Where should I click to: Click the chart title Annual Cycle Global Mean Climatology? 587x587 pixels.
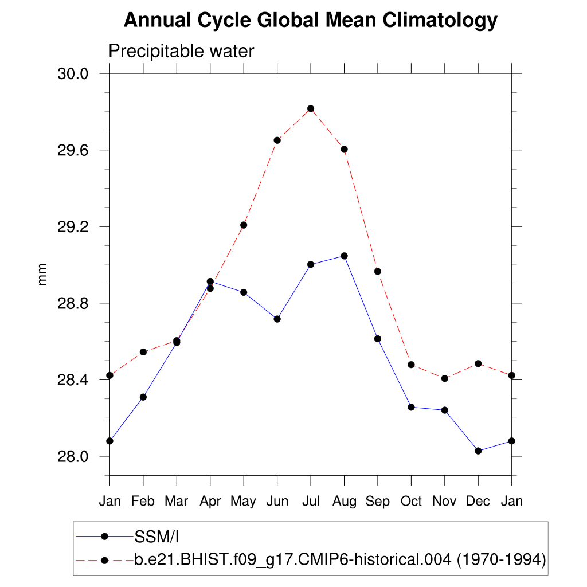(x=310, y=21)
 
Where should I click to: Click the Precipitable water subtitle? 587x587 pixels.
(x=181, y=52)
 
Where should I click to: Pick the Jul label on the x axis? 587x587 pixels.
(x=311, y=502)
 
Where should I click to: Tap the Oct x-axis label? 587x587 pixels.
(x=411, y=502)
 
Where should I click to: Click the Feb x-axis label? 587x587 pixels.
(x=143, y=502)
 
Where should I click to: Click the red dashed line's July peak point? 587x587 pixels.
(x=311, y=108)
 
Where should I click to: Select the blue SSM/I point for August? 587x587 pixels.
(x=344, y=256)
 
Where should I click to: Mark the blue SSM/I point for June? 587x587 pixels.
(x=277, y=319)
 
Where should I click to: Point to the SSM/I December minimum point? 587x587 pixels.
(x=478, y=451)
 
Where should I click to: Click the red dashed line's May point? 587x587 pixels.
(x=244, y=225)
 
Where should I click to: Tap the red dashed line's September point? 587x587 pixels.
(x=378, y=271)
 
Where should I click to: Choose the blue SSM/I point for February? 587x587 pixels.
(x=143, y=397)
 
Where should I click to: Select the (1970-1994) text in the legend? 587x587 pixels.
(x=500, y=559)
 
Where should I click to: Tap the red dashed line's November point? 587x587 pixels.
(x=444, y=378)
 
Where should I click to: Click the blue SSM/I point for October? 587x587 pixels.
(x=411, y=407)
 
